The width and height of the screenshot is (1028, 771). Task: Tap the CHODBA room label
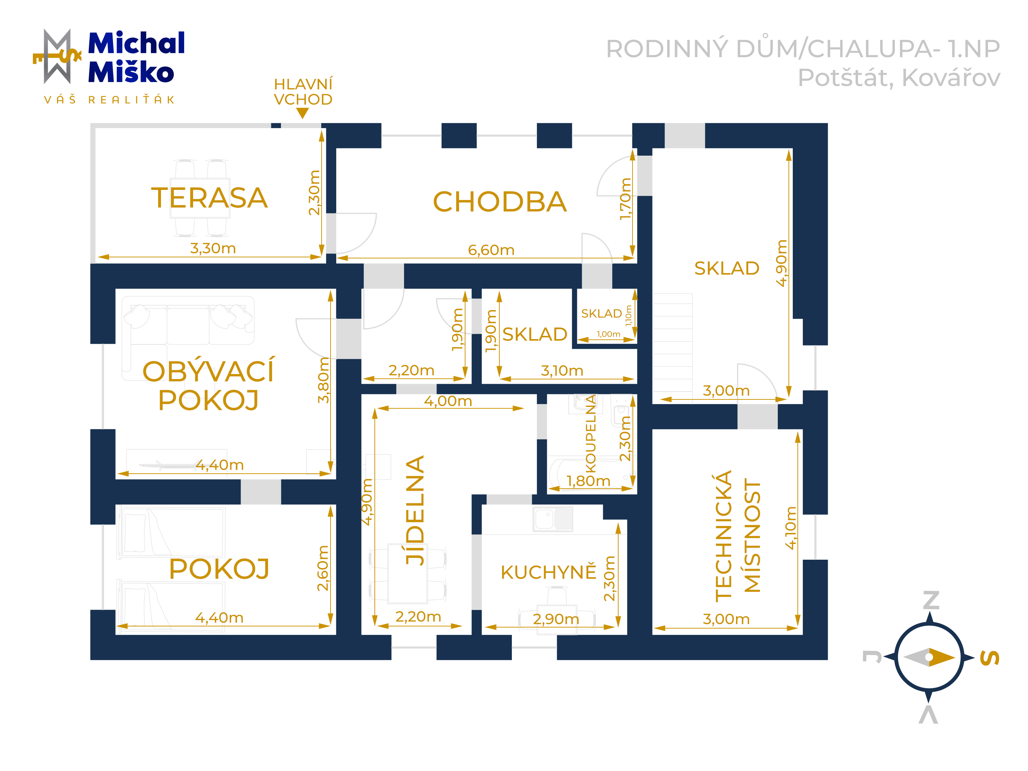tap(500, 202)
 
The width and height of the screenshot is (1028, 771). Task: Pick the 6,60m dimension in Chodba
tap(491, 250)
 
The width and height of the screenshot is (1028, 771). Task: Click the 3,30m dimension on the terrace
tap(213, 248)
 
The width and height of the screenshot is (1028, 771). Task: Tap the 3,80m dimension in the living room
tap(323, 380)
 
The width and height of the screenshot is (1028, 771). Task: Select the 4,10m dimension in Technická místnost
tap(791, 528)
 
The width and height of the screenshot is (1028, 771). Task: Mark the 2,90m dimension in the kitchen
tap(556, 619)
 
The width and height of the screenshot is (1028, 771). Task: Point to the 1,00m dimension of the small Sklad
tap(608, 334)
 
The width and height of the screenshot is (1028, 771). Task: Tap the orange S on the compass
tap(989, 657)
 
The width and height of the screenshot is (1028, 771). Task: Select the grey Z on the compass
tap(931, 600)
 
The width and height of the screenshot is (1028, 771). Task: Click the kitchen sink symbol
tap(553, 519)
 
